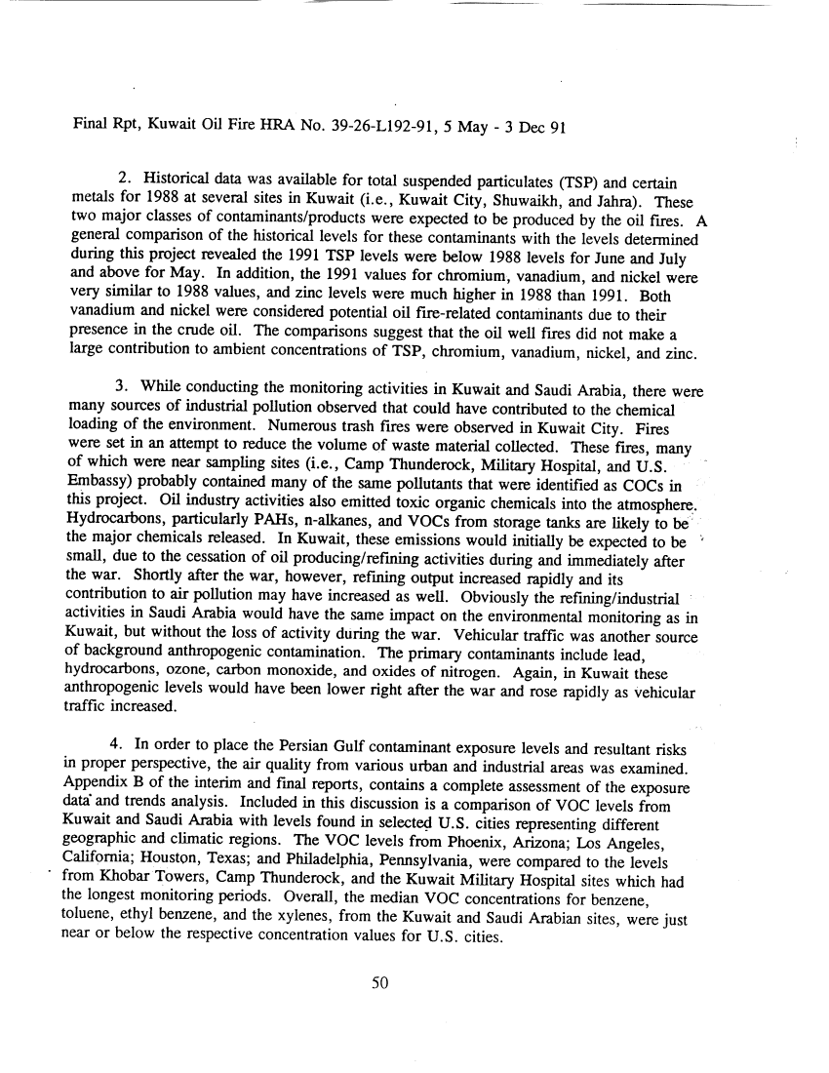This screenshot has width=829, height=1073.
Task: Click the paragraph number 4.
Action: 123,749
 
